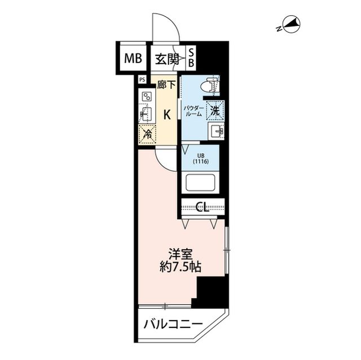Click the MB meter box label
point(130,57)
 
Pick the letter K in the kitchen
point(167,115)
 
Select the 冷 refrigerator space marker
point(146,134)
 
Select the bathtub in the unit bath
point(201,183)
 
